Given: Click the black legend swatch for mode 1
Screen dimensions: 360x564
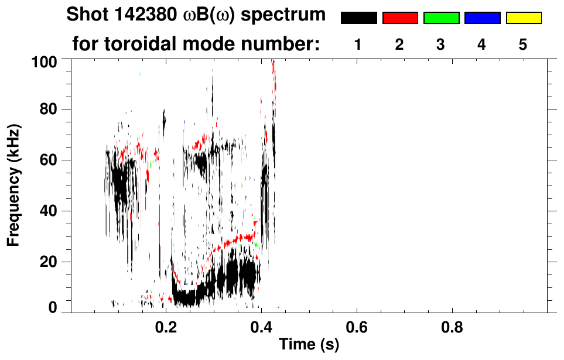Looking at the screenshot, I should [358, 18].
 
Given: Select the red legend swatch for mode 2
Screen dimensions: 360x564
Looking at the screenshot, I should [400, 18].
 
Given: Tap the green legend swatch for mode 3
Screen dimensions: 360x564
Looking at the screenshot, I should [441, 18].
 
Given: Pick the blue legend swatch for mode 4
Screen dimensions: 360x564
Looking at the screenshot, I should [482, 18].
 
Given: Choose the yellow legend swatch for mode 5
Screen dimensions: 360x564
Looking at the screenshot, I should [524, 18].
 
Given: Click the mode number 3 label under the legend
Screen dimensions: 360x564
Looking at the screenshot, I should [441, 44].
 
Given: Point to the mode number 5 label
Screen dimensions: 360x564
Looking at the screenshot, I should [524, 44].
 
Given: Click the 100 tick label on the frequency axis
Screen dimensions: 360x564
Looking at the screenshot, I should [50, 60].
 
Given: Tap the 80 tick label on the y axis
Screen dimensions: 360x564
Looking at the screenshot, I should [54, 110].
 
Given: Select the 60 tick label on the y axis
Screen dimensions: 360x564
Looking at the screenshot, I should [54, 160].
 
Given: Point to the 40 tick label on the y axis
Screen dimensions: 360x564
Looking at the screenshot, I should [54, 211].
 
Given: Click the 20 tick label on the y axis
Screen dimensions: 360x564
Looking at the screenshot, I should [54, 262].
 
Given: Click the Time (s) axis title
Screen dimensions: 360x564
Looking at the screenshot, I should [309, 345].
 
